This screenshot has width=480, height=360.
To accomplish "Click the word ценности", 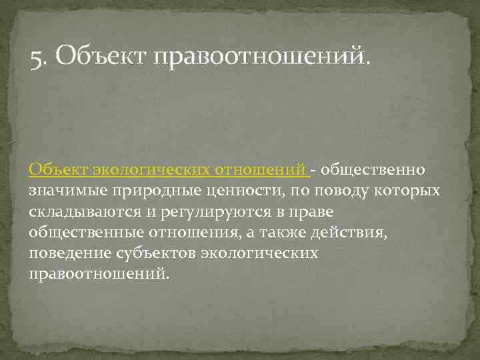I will (x=235, y=191).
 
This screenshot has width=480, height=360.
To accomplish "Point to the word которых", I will (x=409, y=191).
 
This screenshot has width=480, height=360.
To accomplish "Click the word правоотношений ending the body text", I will (x=99, y=274).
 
